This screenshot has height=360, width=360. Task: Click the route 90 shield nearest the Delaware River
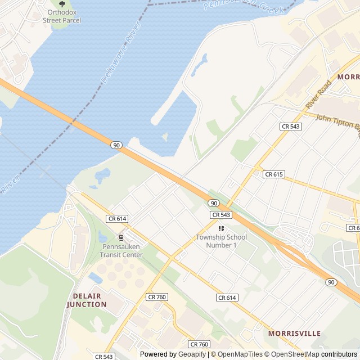click(116, 145)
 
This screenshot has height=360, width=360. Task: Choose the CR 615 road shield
click(273, 174)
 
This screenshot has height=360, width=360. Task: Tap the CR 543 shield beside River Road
click(291, 127)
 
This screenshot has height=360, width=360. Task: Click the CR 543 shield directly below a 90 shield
click(221, 215)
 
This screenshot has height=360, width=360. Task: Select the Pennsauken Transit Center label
click(122, 251)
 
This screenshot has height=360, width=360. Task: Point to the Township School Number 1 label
click(221, 241)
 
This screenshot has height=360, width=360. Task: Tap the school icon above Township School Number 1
click(221, 228)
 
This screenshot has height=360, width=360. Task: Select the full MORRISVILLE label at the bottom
click(294, 333)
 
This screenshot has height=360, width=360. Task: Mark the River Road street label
click(318, 95)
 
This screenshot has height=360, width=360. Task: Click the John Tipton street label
click(337, 121)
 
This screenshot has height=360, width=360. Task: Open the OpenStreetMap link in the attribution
click(292, 354)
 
